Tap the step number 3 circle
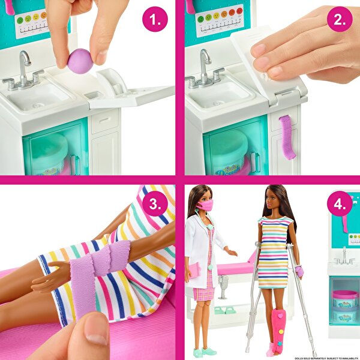pyautogui.click(x=155, y=205)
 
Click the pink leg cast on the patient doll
pyautogui.click(x=277, y=331)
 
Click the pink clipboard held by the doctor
pyautogui.click(x=193, y=269)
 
